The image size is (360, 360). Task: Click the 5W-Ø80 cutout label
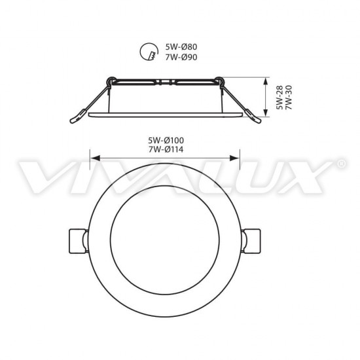tap(181, 47)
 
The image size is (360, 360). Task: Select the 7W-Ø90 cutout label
tap(181, 57)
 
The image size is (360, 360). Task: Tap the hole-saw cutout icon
tap(149, 51)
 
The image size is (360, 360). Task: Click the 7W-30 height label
tap(289, 98)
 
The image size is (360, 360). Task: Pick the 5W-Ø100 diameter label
tap(166, 140)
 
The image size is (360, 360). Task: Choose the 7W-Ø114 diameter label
tap(166, 149)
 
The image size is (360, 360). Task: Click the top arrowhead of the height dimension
tap(266, 82)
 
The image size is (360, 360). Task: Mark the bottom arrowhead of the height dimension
tap(266, 113)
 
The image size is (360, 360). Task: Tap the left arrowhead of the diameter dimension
tap(96, 158)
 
